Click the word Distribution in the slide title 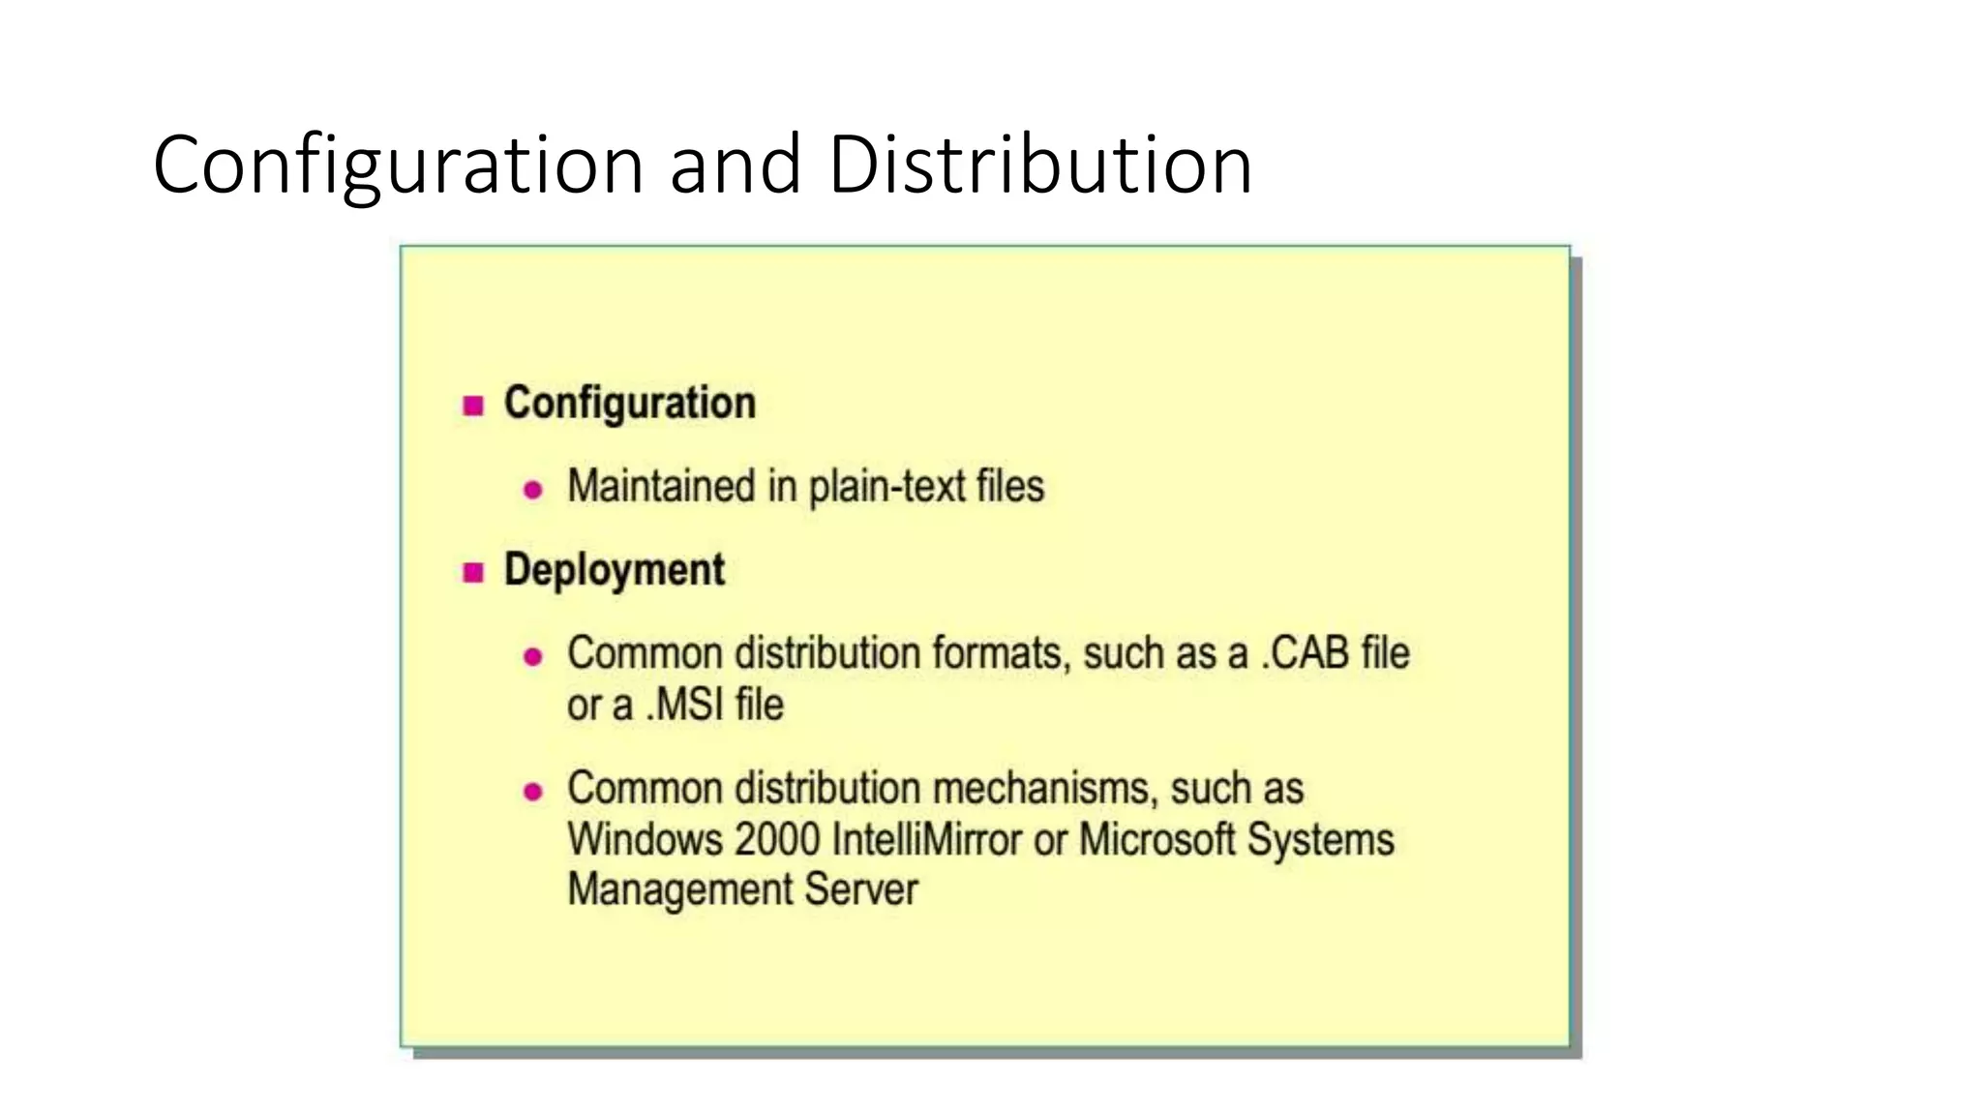pyautogui.click(x=1040, y=165)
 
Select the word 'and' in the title pyautogui.click(x=736, y=165)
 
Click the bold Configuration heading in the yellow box pyautogui.click(x=630, y=404)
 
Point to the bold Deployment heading pyautogui.click(x=615, y=570)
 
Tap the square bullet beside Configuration pyautogui.click(x=473, y=406)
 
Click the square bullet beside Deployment pyautogui.click(x=473, y=572)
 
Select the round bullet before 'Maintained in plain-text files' pyautogui.click(x=532, y=490)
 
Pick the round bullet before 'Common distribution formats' pyautogui.click(x=532, y=657)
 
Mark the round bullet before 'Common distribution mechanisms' pyautogui.click(x=532, y=792)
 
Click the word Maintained pyautogui.click(x=661, y=486)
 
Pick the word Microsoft pyautogui.click(x=1157, y=839)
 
